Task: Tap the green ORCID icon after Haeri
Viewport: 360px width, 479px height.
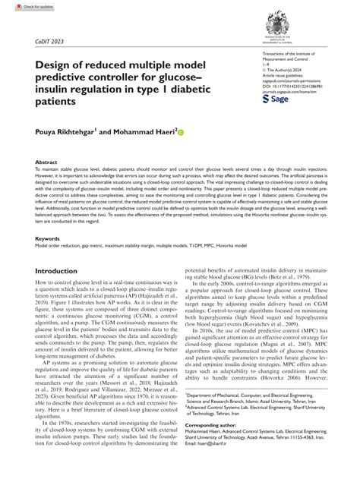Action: coord(181,131)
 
